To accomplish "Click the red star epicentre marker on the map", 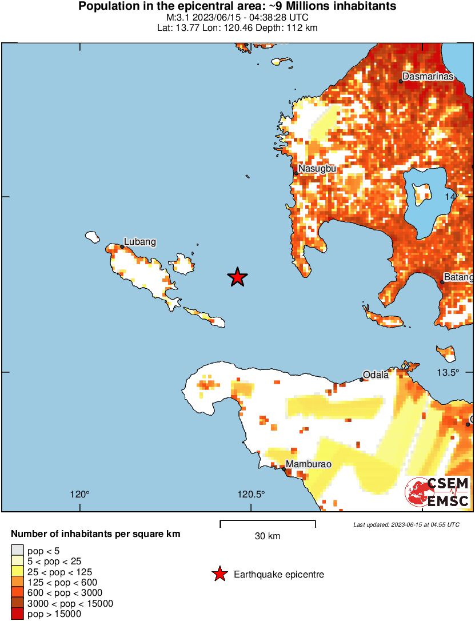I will pos(237,277).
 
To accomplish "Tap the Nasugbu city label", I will pos(317,169).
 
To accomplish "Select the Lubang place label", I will pos(140,242).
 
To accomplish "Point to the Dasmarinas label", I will pos(428,76).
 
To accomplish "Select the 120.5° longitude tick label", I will pos(252,495).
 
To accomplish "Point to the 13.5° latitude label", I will pos(449,372).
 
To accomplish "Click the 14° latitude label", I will pos(452,196).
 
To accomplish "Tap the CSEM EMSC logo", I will pos(437,492).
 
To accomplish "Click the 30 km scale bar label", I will pos(268,536).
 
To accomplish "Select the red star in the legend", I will pos(220,574).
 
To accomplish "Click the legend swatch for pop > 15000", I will pos(17,614).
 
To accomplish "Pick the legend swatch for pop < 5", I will pos(17,551).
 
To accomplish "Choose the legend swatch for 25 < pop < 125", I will pos(17,572).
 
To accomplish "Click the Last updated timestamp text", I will pos(406,524).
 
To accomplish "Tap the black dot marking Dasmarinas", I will pos(401,81).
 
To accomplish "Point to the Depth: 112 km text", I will pos(292,27).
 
